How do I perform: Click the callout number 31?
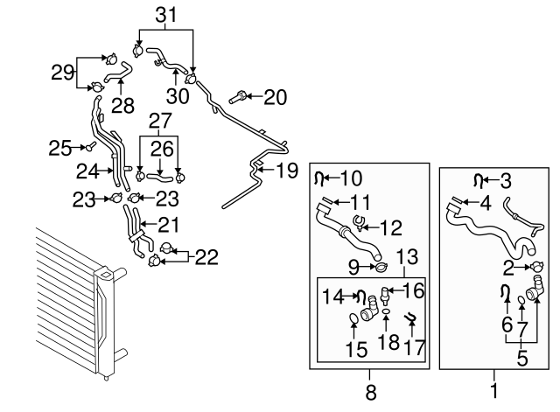[166, 16]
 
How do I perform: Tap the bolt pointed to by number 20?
[237, 97]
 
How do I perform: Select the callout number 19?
[288, 171]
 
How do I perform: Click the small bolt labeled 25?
[90, 146]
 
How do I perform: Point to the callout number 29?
[62, 73]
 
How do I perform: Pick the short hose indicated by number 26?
[160, 176]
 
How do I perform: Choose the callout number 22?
[206, 257]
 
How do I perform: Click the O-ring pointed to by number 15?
[353, 318]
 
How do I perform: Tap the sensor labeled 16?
[385, 295]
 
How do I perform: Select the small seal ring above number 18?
[386, 312]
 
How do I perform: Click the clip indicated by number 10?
[318, 178]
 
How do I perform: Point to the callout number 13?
[407, 256]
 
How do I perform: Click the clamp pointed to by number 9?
[381, 267]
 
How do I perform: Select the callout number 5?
[521, 358]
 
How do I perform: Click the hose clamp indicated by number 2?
[536, 267]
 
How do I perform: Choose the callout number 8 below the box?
[371, 392]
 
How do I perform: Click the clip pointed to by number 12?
[360, 223]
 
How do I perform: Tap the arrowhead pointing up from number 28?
[121, 81]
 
